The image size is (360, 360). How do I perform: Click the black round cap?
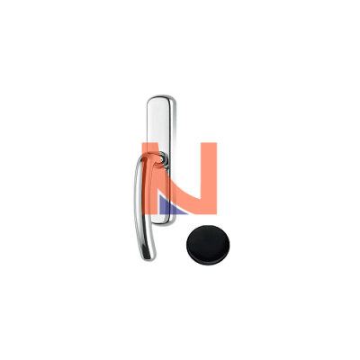point(208,245)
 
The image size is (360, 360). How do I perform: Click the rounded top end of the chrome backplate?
point(161,100)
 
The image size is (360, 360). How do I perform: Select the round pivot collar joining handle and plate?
point(162,157)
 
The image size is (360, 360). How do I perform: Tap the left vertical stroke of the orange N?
point(150,178)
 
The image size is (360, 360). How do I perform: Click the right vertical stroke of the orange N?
point(209,178)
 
